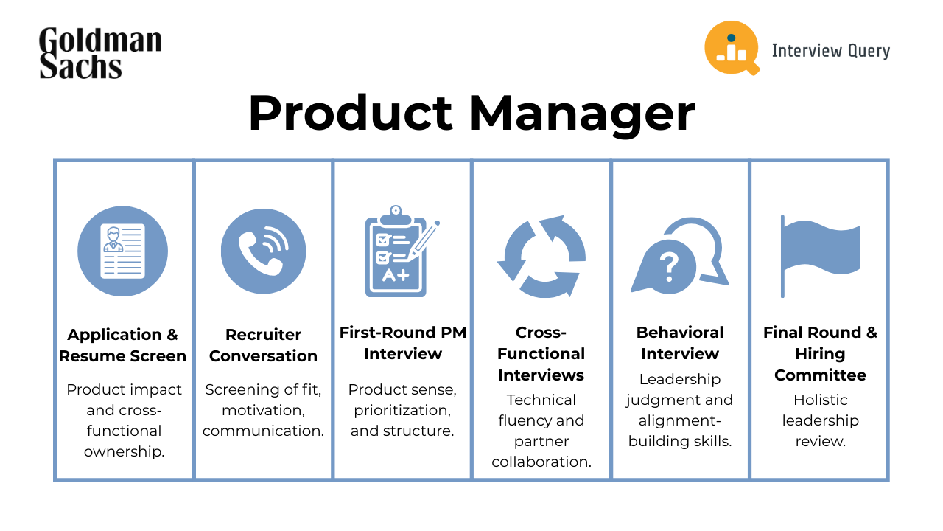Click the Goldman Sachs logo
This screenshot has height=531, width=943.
point(100,53)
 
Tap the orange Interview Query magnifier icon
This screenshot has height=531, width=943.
point(730,47)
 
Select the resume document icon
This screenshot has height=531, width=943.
point(123,251)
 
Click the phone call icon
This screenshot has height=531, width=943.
point(263,251)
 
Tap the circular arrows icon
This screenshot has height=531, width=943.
point(541,257)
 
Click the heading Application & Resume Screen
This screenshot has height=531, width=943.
point(123,345)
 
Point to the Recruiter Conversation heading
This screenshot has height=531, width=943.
point(263,345)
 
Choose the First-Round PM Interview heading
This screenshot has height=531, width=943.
point(402,343)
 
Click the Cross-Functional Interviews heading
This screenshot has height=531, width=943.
point(541,353)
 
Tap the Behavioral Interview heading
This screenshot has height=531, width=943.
point(680,343)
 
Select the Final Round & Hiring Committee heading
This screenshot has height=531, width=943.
point(820,353)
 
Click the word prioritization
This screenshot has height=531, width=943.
point(402,410)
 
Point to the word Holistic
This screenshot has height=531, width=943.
point(820,400)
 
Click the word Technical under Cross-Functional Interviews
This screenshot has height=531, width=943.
point(541,400)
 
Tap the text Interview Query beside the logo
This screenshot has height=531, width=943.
point(830,50)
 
